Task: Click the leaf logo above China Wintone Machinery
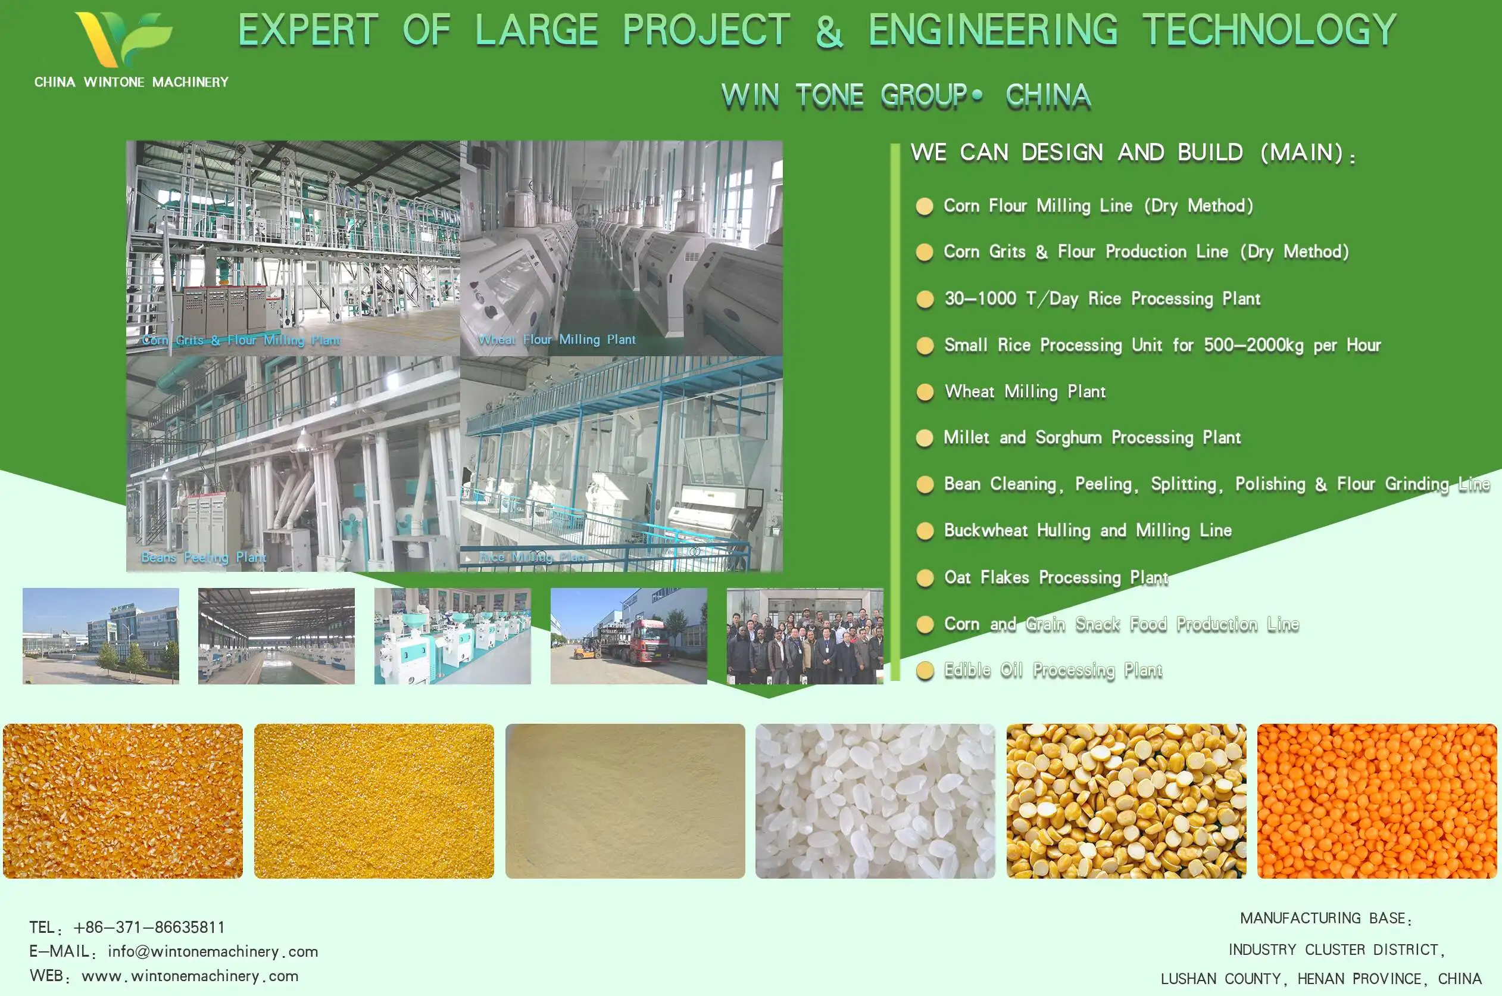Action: (124, 38)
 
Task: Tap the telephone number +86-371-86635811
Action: (149, 927)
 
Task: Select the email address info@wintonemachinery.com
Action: (213, 951)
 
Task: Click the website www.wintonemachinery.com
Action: (190, 976)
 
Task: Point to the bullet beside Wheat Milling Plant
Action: (925, 392)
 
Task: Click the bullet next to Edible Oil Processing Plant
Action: (925, 671)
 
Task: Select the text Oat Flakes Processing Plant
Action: (1056, 577)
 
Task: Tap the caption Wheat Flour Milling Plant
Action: (556, 340)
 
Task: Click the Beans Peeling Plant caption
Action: (204, 557)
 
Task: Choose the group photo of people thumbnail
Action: (804, 636)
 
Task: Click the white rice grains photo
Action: (875, 801)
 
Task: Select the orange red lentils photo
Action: (1376, 801)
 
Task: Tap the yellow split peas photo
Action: (1126, 801)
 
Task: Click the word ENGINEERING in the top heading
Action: (993, 30)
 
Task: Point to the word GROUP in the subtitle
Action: (924, 96)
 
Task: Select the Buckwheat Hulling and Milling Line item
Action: (1088, 530)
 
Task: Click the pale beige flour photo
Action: (624, 801)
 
